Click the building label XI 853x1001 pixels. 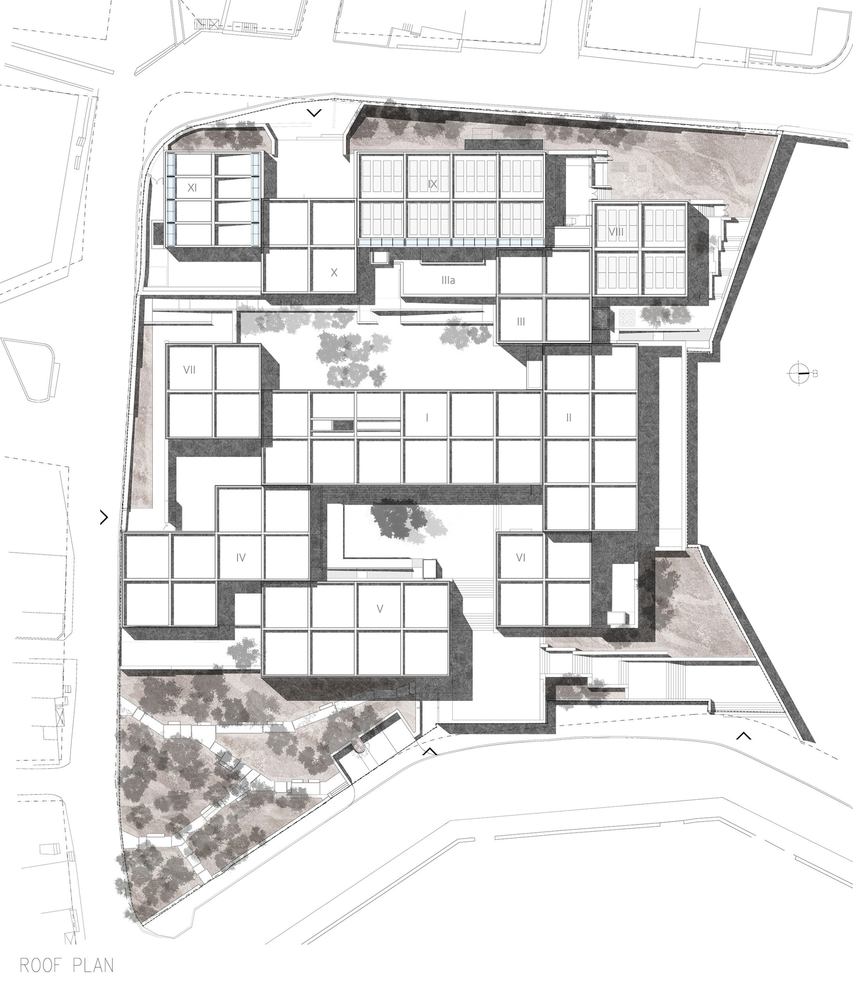(x=192, y=187)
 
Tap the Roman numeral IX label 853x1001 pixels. (x=433, y=183)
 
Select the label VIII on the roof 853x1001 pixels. (x=616, y=232)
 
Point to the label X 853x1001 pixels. (x=334, y=273)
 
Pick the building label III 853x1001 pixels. (x=521, y=322)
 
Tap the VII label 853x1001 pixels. (x=189, y=370)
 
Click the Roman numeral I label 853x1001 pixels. (x=427, y=417)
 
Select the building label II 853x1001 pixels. (x=569, y=417)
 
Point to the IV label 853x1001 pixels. (x=241, y=558)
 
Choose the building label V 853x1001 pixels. (x=380, y=609)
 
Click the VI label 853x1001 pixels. (x=521, y=558)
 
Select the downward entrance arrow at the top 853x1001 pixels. (x=314, y=113)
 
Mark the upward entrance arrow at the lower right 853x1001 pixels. (x=743, y=736)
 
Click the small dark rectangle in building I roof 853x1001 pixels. (x=343, y=425)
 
